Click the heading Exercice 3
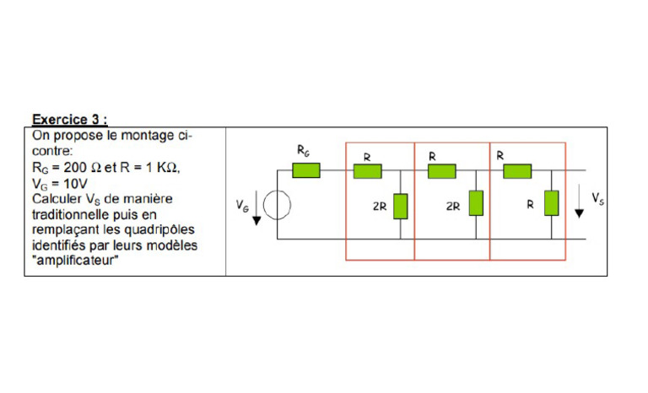point(69,119)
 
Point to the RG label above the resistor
point(304,150)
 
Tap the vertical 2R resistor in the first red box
point(400,205)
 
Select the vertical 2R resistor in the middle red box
point(476,203)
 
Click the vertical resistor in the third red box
point(551,203)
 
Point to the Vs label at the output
point(597,197)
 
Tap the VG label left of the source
point(242,206)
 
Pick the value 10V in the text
point(77,182)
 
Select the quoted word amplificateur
point(77,261)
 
